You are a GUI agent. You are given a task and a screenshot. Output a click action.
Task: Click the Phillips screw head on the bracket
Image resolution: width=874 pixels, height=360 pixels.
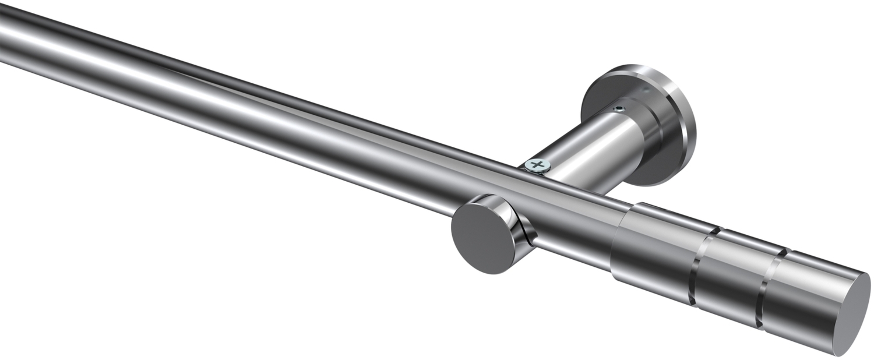tap(537, 166)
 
